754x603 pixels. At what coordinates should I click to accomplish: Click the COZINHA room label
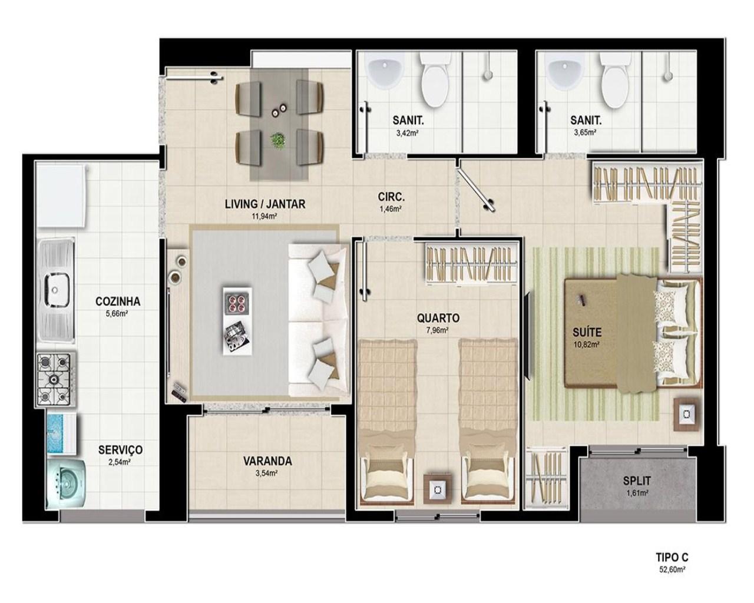[x=118, y=301]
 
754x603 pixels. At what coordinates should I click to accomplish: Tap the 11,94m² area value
[x=264, y=216]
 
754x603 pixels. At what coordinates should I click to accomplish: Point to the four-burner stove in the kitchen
[x=55, y=379]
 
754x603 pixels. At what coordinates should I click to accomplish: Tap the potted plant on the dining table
[x=278, y=141]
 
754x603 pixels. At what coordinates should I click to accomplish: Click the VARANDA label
[x=267, y=461]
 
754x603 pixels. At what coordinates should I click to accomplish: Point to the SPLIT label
[x=637, y=481]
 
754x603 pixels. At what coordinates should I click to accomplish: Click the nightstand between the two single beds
[x=437, y=489]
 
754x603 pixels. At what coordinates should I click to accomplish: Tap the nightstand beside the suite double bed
[x=686, y=415]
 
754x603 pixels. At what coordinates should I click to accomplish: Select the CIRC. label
[x=391, y=197]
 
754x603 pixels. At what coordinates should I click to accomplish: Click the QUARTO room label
[x=438, y=318]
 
